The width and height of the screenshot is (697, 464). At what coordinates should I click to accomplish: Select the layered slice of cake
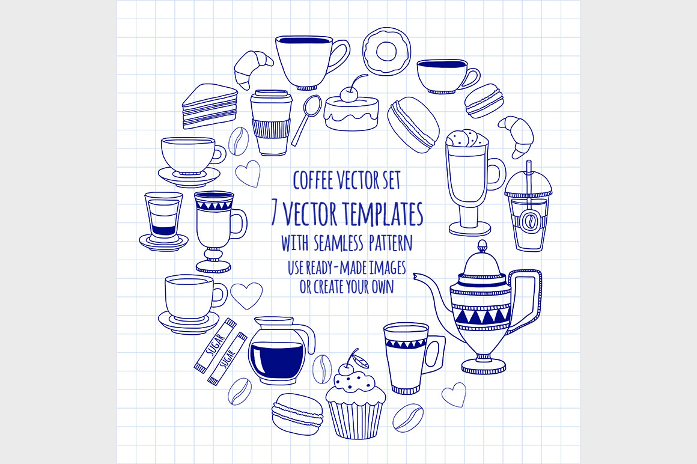pos(210,106)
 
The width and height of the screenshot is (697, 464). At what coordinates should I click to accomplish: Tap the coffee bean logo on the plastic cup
pos(529,221)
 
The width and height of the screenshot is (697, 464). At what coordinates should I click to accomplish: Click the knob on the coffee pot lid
pos(482,246)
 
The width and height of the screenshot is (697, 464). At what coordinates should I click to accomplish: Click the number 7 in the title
pos(275,213)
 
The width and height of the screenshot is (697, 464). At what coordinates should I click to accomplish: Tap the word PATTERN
pos(391,243)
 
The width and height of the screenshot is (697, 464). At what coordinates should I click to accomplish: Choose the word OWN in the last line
pos(382,287)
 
